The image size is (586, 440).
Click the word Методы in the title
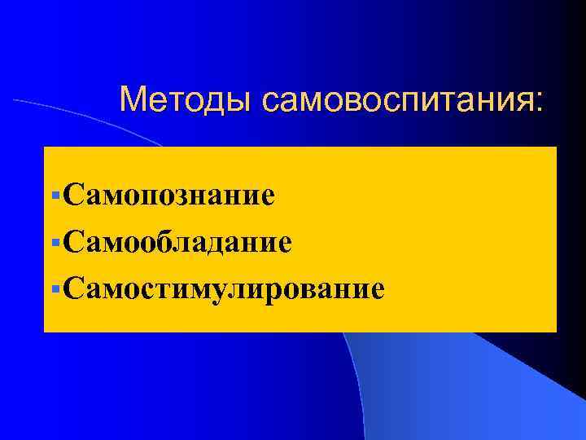point(186,100)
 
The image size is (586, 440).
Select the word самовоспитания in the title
point(394,100)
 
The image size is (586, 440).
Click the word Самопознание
point(167,195)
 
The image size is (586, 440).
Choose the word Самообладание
point(176,241)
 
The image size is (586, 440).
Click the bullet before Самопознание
point(54,196)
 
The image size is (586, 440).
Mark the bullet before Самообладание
point(54,242)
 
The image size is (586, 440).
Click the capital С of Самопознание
point(71,195)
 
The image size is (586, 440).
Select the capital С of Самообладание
point(71,241)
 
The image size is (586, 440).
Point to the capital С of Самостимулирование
point(71,288)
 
